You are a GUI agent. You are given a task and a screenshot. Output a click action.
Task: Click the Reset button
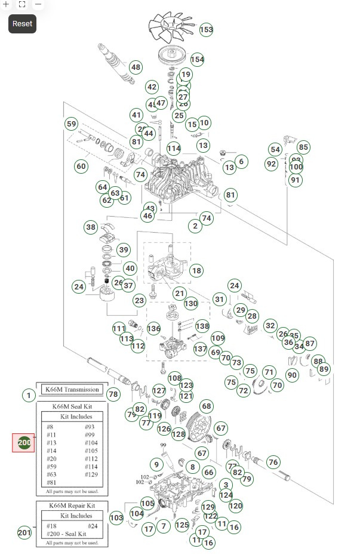(22, 24)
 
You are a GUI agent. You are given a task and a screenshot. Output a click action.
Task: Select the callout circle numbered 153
(206, 29)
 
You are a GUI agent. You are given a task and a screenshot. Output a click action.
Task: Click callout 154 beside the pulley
(198, 59)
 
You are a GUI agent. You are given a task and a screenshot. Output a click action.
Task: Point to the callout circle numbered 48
(136, 67)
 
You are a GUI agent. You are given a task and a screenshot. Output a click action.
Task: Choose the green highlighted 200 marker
(24, 443)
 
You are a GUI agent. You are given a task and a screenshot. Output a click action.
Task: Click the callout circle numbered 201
(24, 532)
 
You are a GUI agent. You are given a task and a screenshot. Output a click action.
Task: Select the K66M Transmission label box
(72, 390)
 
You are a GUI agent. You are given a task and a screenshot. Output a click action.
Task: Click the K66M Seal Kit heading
(72, 406)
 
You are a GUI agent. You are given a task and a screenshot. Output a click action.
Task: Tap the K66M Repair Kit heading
(72, 505)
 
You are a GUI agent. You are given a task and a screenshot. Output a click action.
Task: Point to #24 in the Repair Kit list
(93, 526)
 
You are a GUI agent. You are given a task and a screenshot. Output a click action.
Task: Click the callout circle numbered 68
(207, 406)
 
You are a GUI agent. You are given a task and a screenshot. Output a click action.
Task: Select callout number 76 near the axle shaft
(273, 462)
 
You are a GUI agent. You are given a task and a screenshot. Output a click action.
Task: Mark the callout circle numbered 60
(81, 166)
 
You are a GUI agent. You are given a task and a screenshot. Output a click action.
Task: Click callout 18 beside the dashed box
(196, 270)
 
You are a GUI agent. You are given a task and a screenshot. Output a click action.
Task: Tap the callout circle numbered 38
(91, 227)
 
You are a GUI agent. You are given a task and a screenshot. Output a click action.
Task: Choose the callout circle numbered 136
(154, 329)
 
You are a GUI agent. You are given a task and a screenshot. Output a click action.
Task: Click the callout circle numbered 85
(303, 147)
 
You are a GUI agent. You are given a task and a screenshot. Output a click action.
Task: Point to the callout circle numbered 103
(116, 517)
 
